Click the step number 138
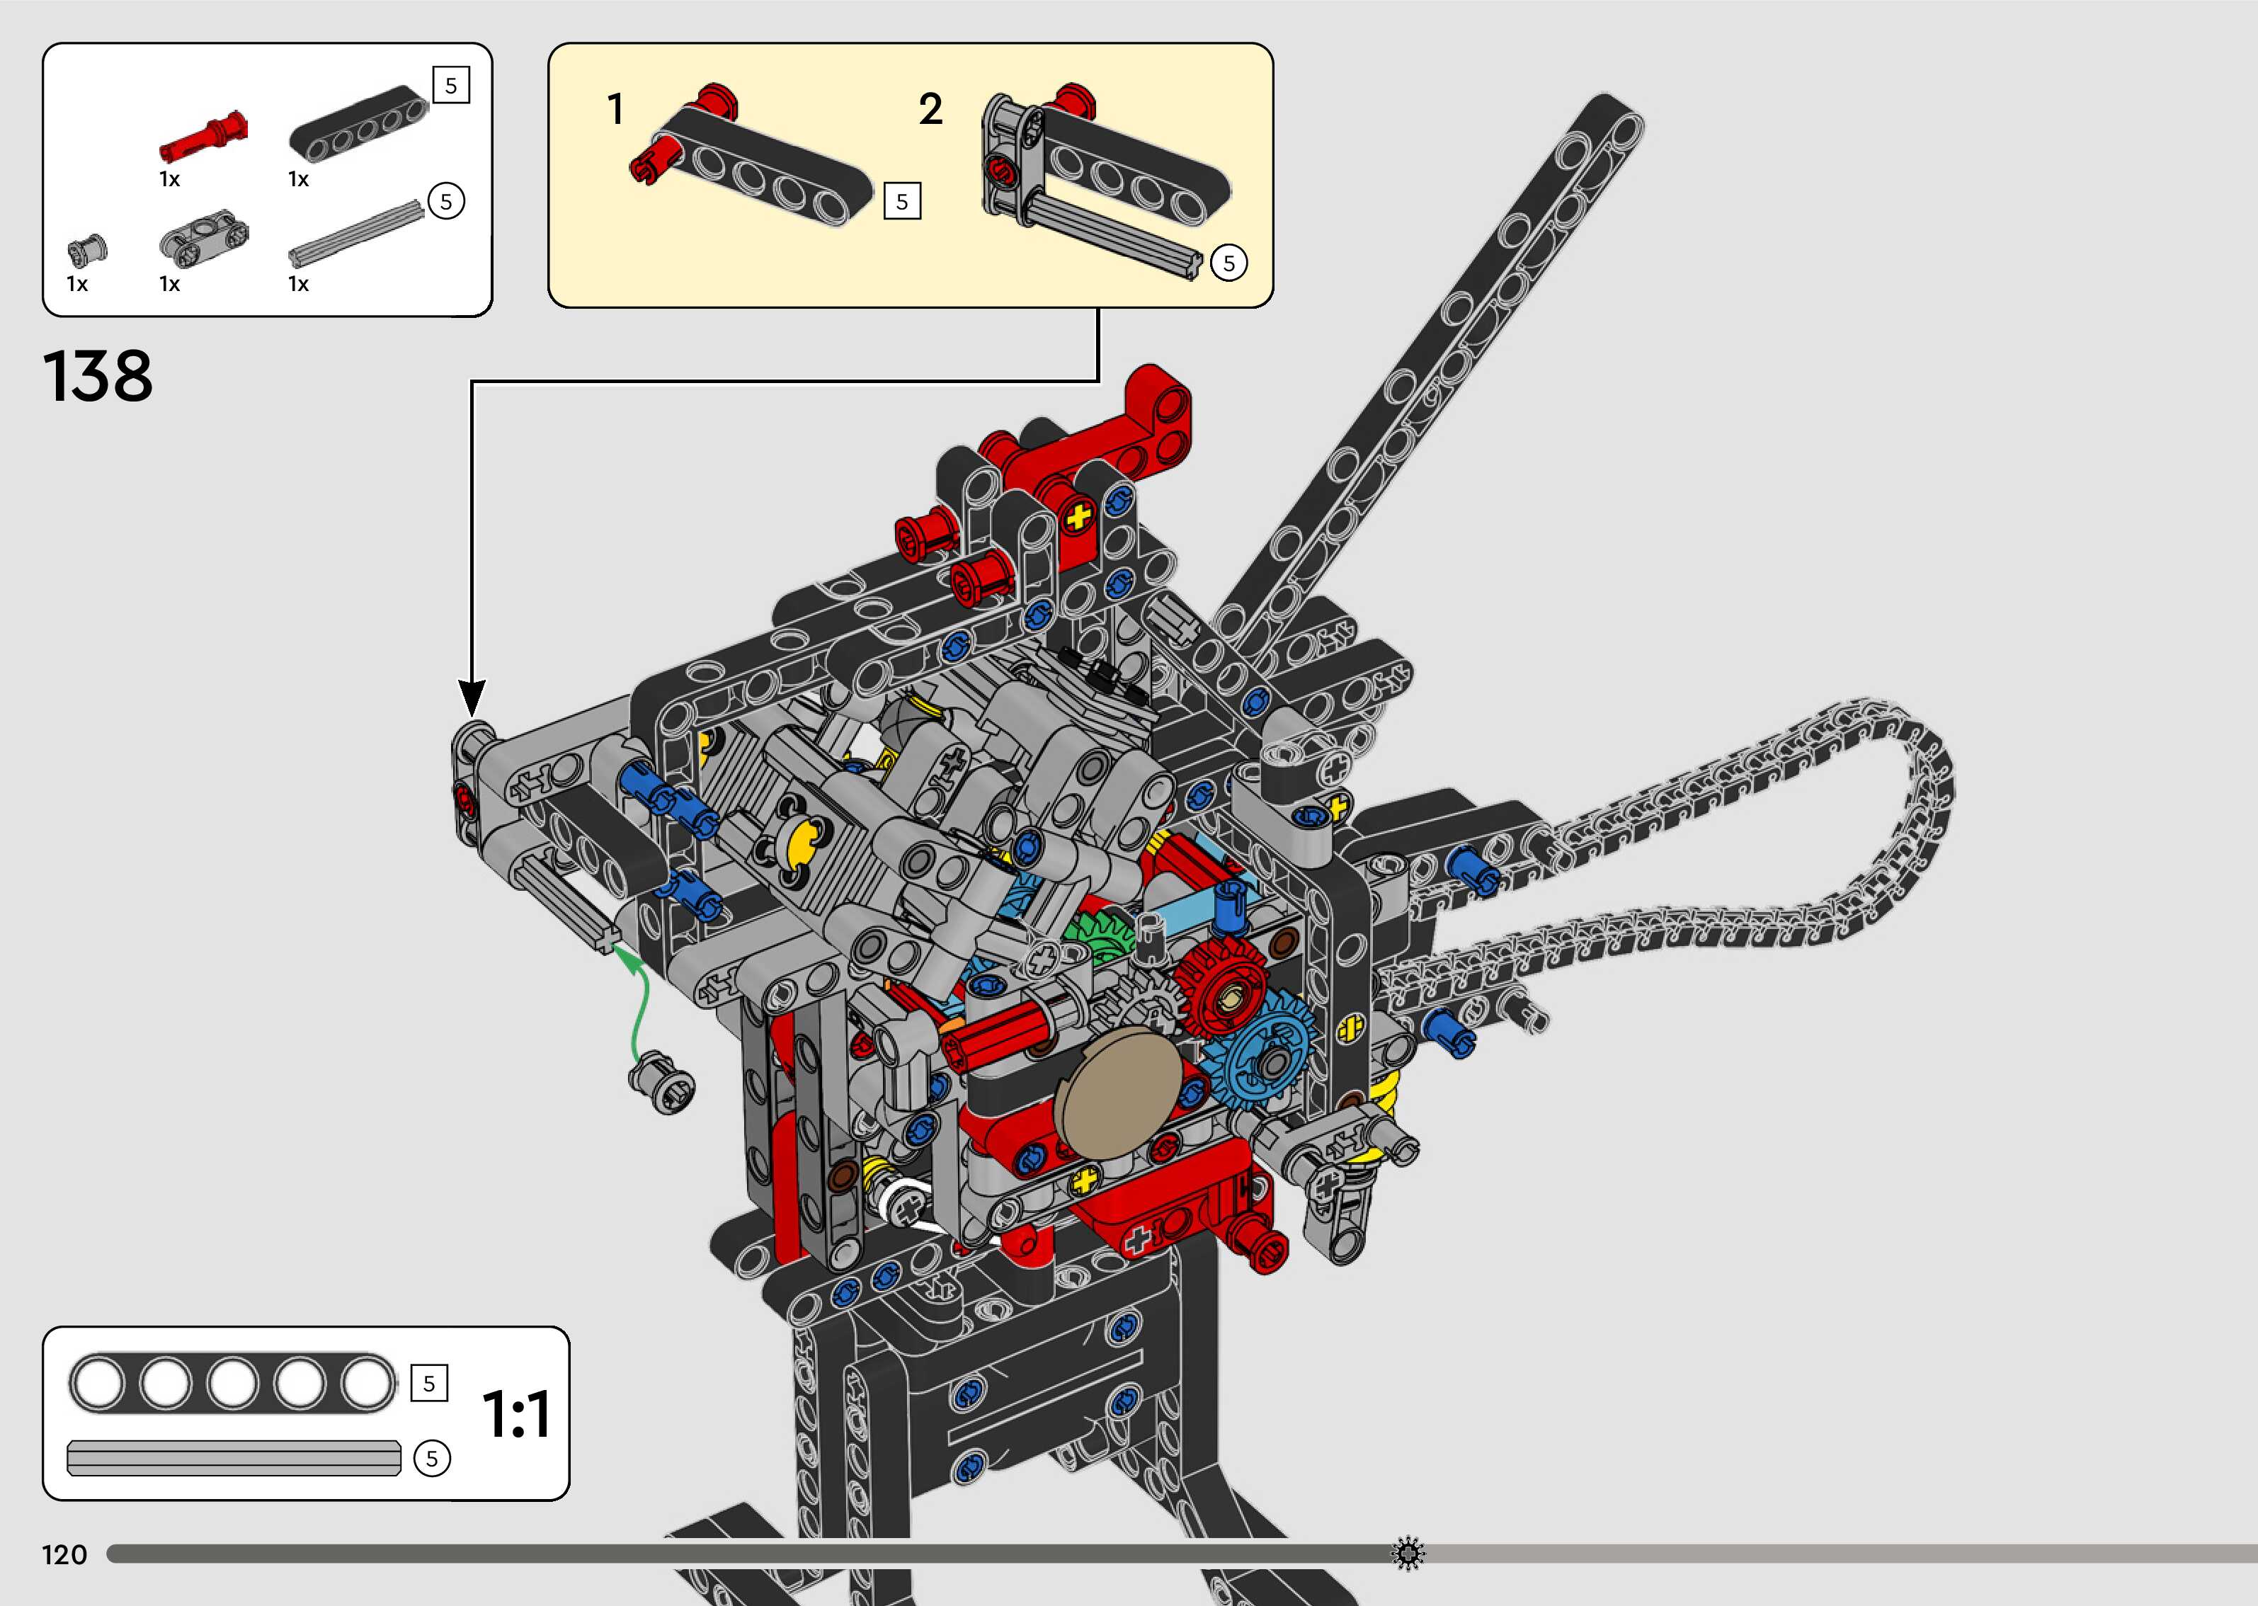[x=98, y=376]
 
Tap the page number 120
[x=64, y=1554]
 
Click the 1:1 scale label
[x=516, y=1414]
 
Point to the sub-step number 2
[x=930, y=109]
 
